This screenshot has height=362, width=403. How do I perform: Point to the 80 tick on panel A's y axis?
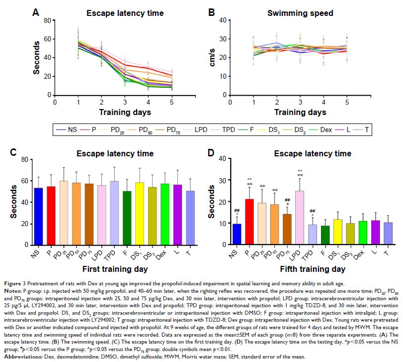(48, 20)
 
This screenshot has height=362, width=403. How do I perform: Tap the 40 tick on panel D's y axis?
(223, 158)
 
